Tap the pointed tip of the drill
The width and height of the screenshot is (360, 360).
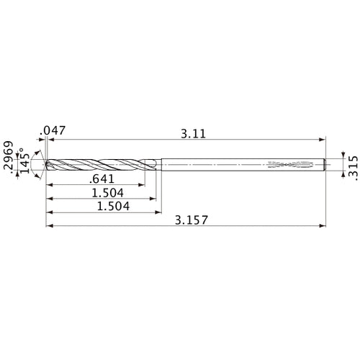pyautogui.click(x=46, y=165)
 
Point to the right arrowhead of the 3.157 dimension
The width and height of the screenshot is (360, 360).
pyautogui.click(x=322, y=225)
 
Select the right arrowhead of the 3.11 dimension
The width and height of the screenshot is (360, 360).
pyautogui.click(x=322, y=140)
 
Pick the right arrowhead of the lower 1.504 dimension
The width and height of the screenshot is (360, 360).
pyautogui.click(x=157, y=212)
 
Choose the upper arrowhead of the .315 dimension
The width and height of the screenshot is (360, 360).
pyautogui.click(x=336, y=156)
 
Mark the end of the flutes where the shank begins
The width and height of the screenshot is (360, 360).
pyautogui.click(x=156, y=165)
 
